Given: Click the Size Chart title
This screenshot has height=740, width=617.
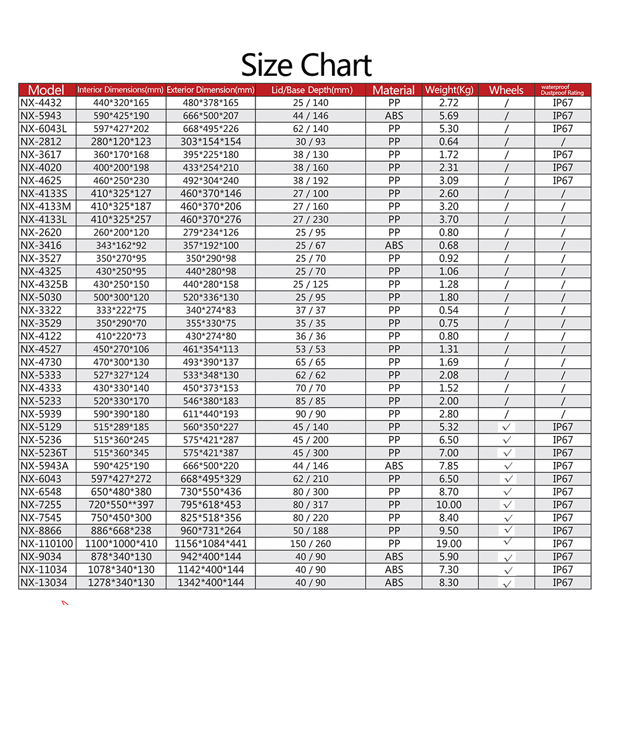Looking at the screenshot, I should click(307, 65).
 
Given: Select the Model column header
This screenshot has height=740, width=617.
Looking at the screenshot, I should click(46, 90).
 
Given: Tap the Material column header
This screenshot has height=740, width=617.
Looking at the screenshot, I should click(394, 90).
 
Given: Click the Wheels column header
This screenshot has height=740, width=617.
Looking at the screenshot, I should click(506, 90).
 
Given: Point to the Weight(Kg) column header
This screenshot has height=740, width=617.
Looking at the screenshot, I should click(449, 90).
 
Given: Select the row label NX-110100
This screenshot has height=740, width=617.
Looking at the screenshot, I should click(47, 544).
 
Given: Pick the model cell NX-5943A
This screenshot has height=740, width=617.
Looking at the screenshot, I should click(44, 466).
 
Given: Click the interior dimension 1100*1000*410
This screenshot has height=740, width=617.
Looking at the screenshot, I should click(122, 544).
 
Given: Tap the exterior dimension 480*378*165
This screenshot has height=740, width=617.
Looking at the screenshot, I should click(210, 103).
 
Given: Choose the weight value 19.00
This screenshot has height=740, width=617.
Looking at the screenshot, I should click(449, 544).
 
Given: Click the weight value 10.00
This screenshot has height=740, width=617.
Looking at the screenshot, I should click(449, 505).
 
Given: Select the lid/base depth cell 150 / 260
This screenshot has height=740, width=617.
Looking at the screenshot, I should click(310, 544).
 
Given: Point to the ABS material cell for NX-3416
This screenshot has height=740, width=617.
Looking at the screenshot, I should click(394, 245).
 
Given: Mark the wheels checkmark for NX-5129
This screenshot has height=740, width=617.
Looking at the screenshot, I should click(507, 427).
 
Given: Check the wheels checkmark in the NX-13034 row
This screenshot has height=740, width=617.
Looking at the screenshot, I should click(507, 583).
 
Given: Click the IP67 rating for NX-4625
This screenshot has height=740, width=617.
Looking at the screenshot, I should click(563, 181).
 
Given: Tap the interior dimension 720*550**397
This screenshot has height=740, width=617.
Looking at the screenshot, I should click(122, 505).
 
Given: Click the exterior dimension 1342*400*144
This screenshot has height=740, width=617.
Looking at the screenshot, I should click(210, 583).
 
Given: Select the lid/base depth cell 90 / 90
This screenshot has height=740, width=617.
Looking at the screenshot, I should click(310, 414).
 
